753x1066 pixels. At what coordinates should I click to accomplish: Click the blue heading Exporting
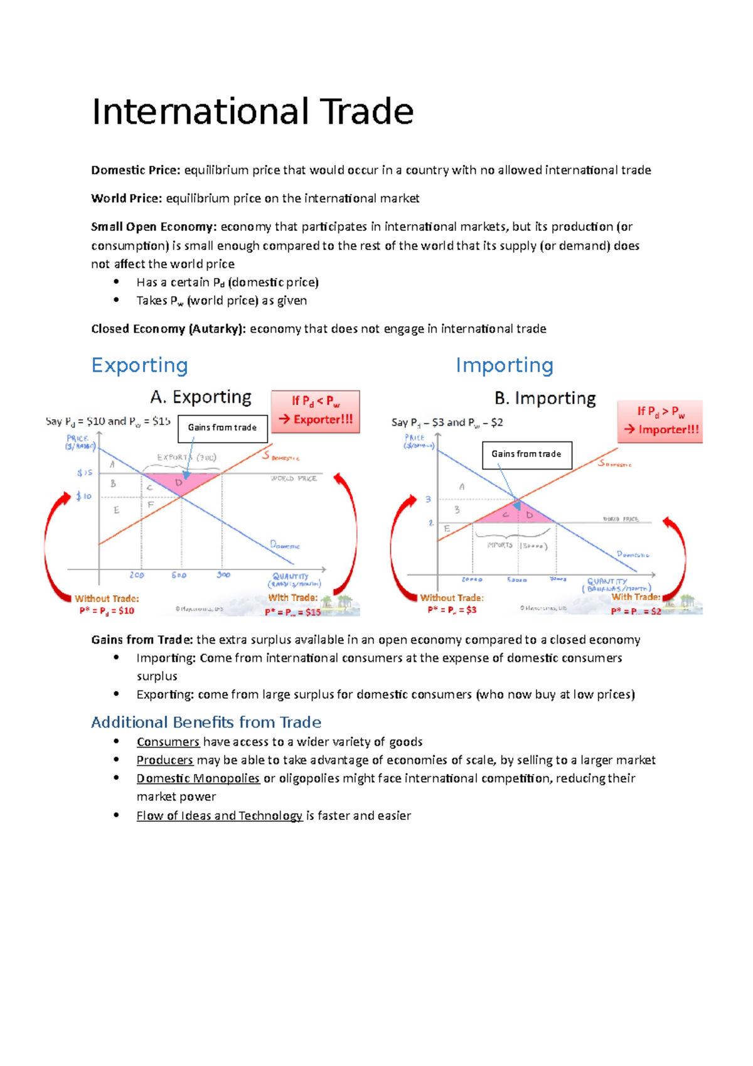(139, 365)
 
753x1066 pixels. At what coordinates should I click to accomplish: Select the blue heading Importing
(505, 365)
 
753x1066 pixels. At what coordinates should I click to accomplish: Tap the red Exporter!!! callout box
(316, 411)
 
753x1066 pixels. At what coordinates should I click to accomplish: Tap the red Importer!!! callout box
(660, 421)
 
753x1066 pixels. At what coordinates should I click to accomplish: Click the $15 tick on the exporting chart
(85, 473)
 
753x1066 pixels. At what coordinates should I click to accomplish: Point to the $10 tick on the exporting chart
(84, 496)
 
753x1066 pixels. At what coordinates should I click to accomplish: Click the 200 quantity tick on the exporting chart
(137, 575)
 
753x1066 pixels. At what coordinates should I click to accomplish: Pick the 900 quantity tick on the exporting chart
(223, 575)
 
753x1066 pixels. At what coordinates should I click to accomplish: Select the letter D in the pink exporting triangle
(179, 483)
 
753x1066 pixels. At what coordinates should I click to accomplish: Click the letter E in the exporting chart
(116, 510)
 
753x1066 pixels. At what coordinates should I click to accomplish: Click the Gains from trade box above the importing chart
(526, 455)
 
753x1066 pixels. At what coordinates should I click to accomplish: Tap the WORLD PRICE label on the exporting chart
(294, 478)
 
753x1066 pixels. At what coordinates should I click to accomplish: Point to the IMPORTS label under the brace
(500, 545)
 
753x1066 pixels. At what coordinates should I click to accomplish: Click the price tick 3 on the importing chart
(429, 500)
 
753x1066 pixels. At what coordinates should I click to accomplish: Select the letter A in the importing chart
(462, 487)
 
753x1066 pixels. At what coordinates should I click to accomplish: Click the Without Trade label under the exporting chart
(107, 599)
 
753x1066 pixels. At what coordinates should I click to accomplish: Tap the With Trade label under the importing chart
(636, 597)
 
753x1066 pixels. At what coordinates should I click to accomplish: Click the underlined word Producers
(165, 760)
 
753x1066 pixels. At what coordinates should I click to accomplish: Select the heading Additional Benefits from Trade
(206, 723)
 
